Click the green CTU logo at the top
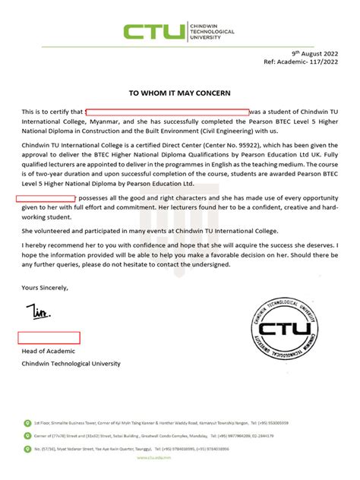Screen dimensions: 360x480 [154, 32]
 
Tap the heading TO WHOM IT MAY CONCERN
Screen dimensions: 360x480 [180, 91]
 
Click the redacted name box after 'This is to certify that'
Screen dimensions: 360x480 [166, 112]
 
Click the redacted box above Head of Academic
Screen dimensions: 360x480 [49, 337]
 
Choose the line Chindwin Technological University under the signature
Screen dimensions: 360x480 [71, 364]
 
